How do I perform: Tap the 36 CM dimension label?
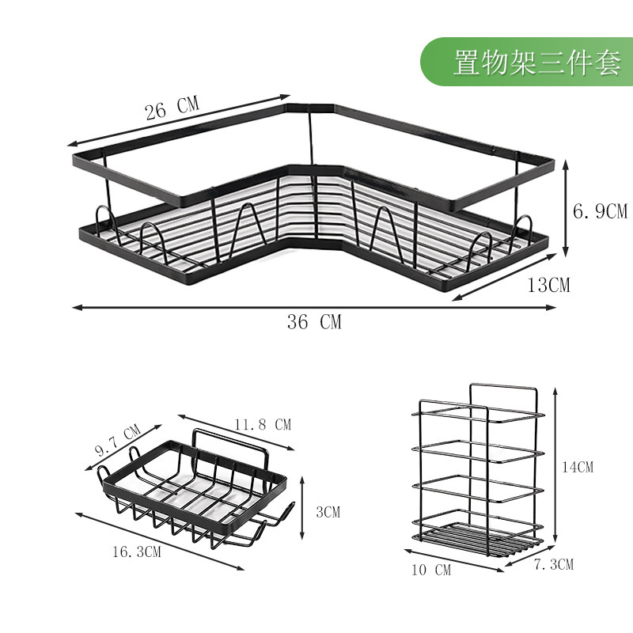coord(313,321)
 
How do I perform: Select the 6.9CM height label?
coord(599,211)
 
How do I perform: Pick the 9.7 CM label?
coord(117,440)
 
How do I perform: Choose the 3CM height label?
coord(327,512)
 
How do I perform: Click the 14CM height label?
coord(576,467)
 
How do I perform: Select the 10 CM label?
coord(431,570)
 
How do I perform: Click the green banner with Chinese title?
coord(526,62)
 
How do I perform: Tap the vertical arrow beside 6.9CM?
coord(566,207)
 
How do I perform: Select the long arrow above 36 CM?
coord(313,308)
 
